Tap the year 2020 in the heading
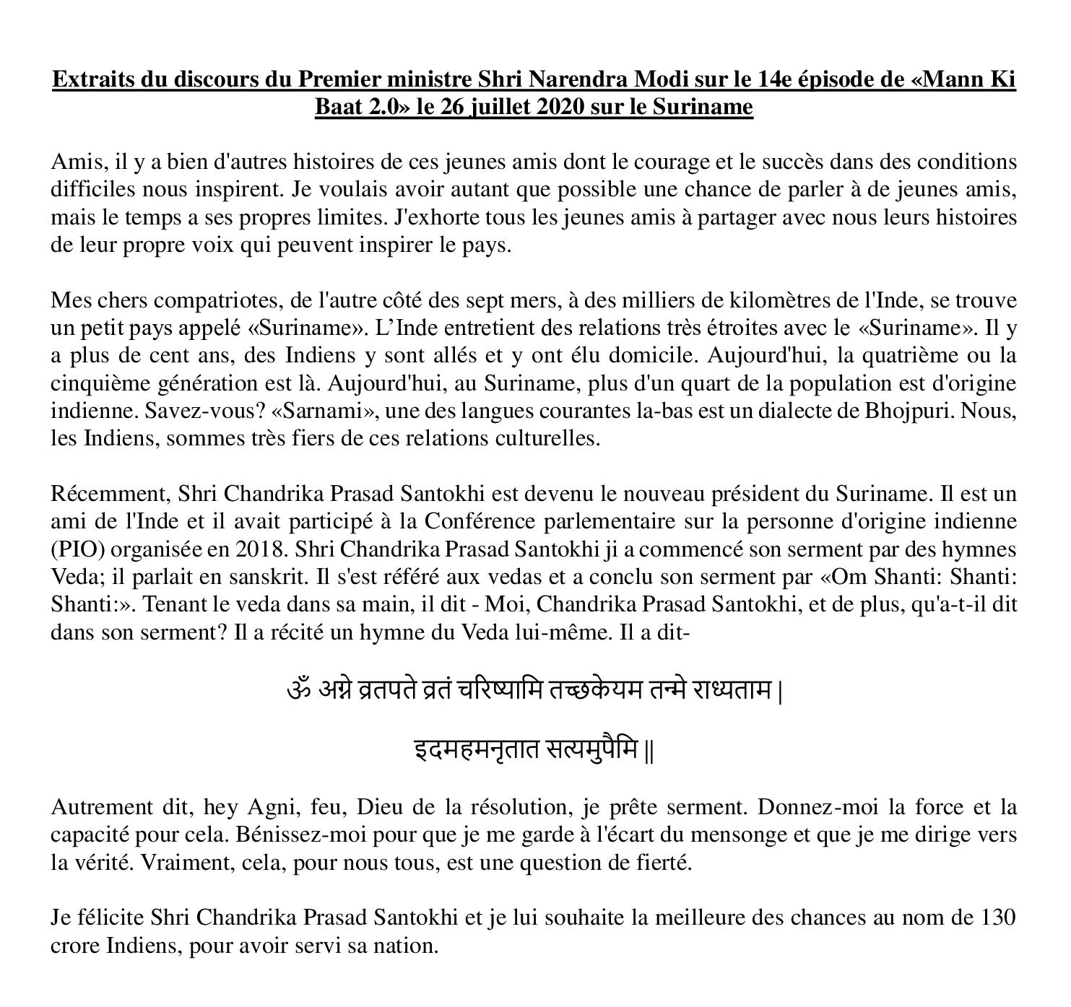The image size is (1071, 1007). pyautogui.click(x=556, y=107)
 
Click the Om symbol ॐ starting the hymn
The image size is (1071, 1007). pyautogui.click(x=298, y=690)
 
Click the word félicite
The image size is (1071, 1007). pyautogui.click(x=108, y=917)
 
